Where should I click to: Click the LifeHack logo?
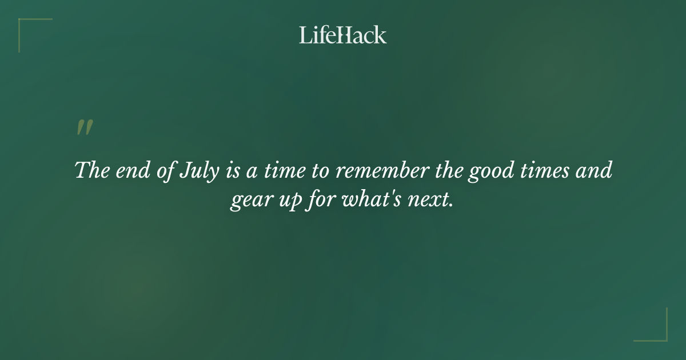[343, 35]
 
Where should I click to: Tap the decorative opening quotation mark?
[85, 128]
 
